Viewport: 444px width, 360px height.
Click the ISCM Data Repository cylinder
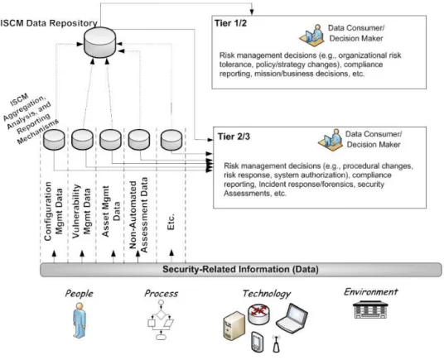point(100,42)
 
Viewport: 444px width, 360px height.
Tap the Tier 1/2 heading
point(230,23)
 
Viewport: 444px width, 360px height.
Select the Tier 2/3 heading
point(234,137)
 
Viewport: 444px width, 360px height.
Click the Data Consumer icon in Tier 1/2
point(311,35)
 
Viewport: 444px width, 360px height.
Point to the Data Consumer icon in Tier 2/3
point(331,140)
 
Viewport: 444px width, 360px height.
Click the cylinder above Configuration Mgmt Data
point(54,140)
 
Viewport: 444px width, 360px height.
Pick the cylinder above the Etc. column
point(171,140)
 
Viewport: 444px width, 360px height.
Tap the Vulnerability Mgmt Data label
point(81,211)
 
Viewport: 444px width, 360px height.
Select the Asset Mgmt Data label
point(111,211)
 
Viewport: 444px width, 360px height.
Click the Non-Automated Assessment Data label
point(138,214)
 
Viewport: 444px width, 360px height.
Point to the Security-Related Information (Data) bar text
point(240,269)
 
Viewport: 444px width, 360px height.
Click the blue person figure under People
point(79,320)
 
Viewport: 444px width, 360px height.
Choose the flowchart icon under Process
point(161,319)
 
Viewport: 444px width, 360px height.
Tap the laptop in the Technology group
point(292,317)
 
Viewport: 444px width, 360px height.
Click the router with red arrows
point(258,314)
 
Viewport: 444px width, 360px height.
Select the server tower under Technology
point(234,325)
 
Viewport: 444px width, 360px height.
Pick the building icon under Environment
point(370,310)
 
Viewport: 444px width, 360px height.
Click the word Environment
point(371,292)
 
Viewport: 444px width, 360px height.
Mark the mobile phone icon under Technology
point(258,342)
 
